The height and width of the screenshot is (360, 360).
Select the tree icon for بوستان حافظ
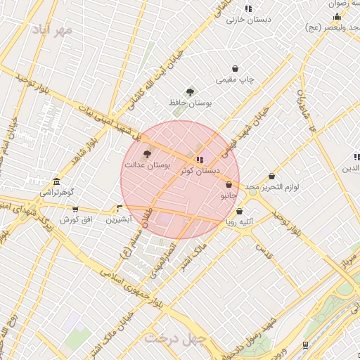189,92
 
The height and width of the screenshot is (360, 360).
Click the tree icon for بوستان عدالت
147,154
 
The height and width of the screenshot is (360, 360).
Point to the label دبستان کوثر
200,171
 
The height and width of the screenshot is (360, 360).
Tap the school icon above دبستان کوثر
200,160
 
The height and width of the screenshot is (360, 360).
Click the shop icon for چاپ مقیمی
234,69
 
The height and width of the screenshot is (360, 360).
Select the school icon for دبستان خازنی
248,8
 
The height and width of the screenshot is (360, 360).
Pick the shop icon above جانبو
229,184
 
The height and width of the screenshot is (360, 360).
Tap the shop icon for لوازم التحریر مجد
272,176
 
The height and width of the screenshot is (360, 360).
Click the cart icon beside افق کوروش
75,210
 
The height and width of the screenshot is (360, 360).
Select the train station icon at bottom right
304,345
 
